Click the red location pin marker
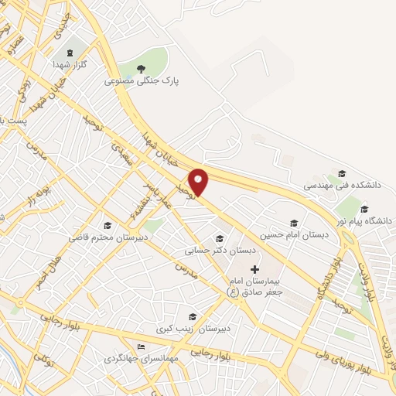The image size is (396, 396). tap(200, 181)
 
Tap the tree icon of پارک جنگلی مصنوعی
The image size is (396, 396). tap(142, 69)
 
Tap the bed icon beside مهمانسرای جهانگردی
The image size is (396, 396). tap(140, 346)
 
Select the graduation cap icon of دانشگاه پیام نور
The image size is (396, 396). tap(364, 209)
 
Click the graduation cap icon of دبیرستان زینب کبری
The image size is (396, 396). tap(192, 316)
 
